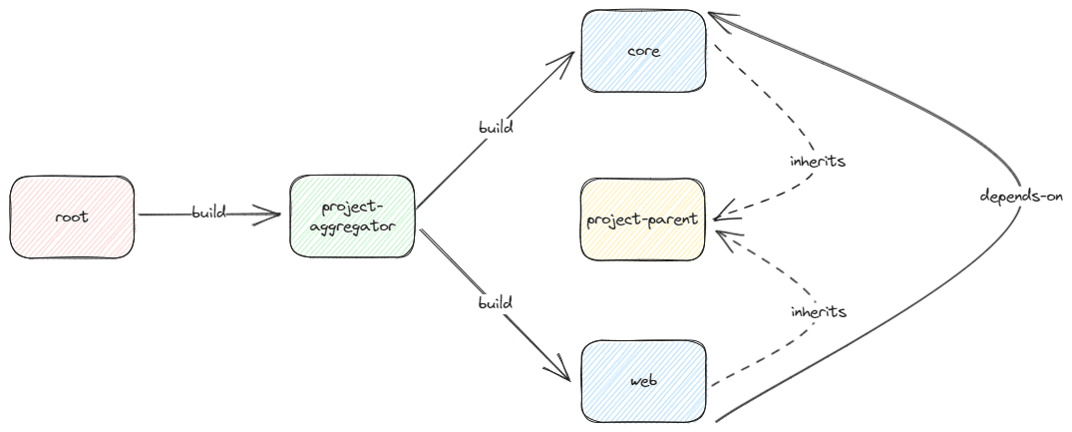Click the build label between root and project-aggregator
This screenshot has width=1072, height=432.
(x=209, y=213)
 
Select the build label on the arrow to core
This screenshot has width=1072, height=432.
(x=495, y=128)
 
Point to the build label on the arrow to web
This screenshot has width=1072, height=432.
(x=495, y=301)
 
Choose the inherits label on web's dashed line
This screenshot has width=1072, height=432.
(x=819, y=311)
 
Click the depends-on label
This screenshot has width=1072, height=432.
(x=1021, y=196)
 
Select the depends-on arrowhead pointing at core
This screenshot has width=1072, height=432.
(x=714, y=17)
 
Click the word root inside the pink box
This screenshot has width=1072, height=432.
(x=72, y=216)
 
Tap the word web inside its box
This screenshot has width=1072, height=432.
(x=643, y=381)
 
